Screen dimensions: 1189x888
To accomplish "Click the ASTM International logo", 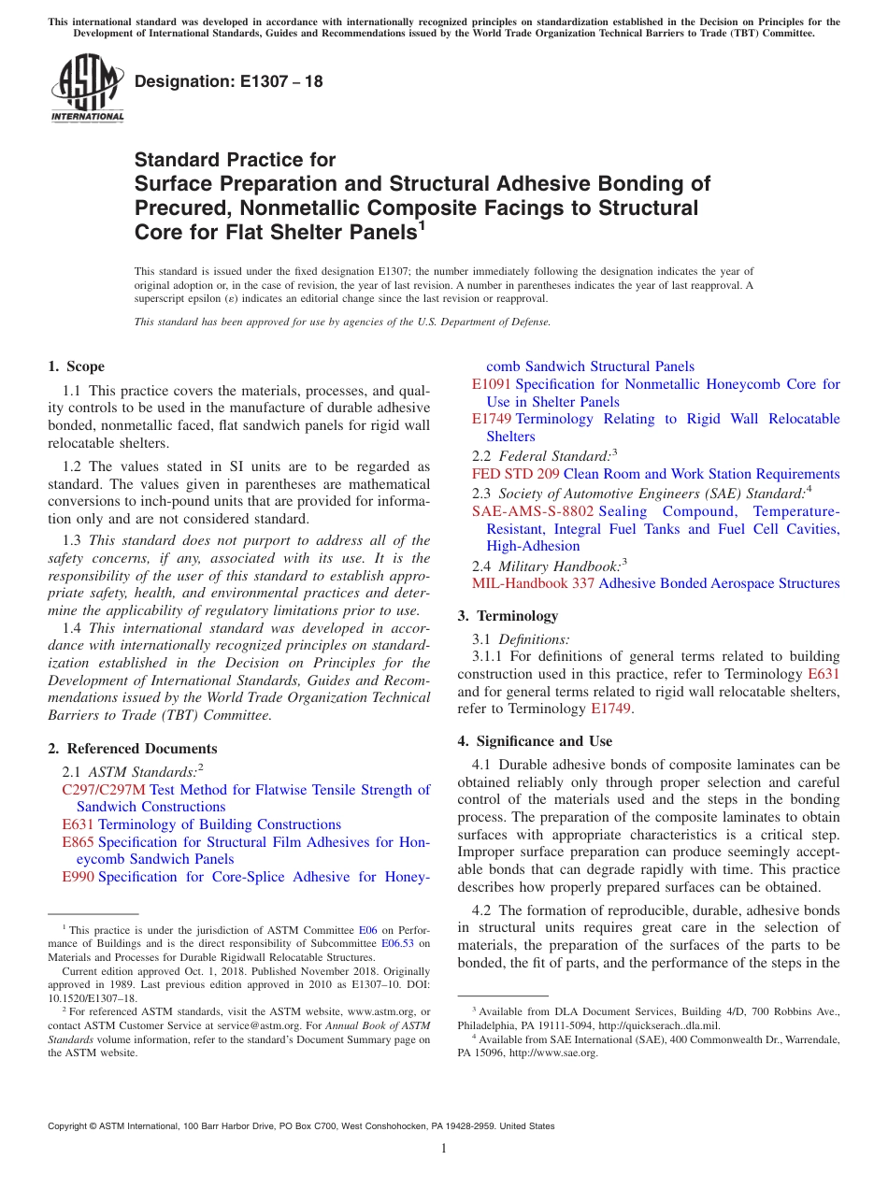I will (87, 89).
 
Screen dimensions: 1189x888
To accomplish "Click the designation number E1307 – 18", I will (229, 81).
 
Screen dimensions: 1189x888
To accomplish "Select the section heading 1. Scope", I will (77, 366).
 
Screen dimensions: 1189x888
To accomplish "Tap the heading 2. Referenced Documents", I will (133, 748).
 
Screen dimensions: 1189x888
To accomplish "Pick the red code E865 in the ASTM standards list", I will (78, 842).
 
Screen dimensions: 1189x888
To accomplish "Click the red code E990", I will (78, 877).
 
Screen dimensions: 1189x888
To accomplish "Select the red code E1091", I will (492, 384).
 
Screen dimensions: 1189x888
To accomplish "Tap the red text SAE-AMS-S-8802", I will (533, 511).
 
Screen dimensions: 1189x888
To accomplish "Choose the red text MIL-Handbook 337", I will (533, 583).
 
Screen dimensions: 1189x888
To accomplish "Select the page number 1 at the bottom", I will (444, 1148).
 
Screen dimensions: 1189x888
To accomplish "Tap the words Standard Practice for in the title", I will (235, 160).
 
